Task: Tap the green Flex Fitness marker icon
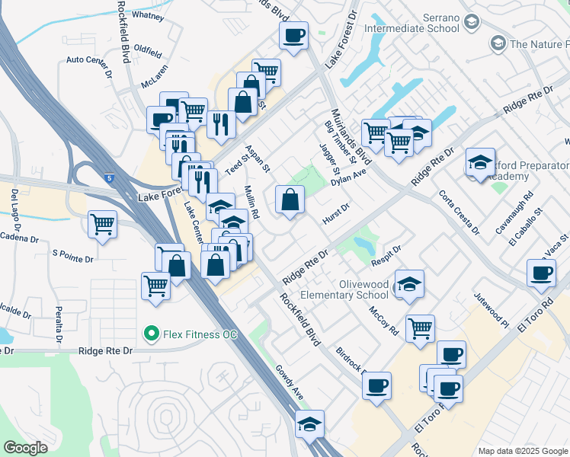click(x=151, y=334)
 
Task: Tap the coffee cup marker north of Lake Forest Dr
click(x=293, y=35)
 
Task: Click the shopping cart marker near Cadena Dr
click(x=102, y=225)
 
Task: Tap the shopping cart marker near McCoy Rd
click(x=420, y=328)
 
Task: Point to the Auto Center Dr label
click(x=89, y=59)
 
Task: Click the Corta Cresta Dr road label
click(x=460, y=211)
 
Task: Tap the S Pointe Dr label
click(x=72, y=257)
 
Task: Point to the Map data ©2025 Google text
click(x=521, y=451)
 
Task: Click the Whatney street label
click(x=147, y=14)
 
